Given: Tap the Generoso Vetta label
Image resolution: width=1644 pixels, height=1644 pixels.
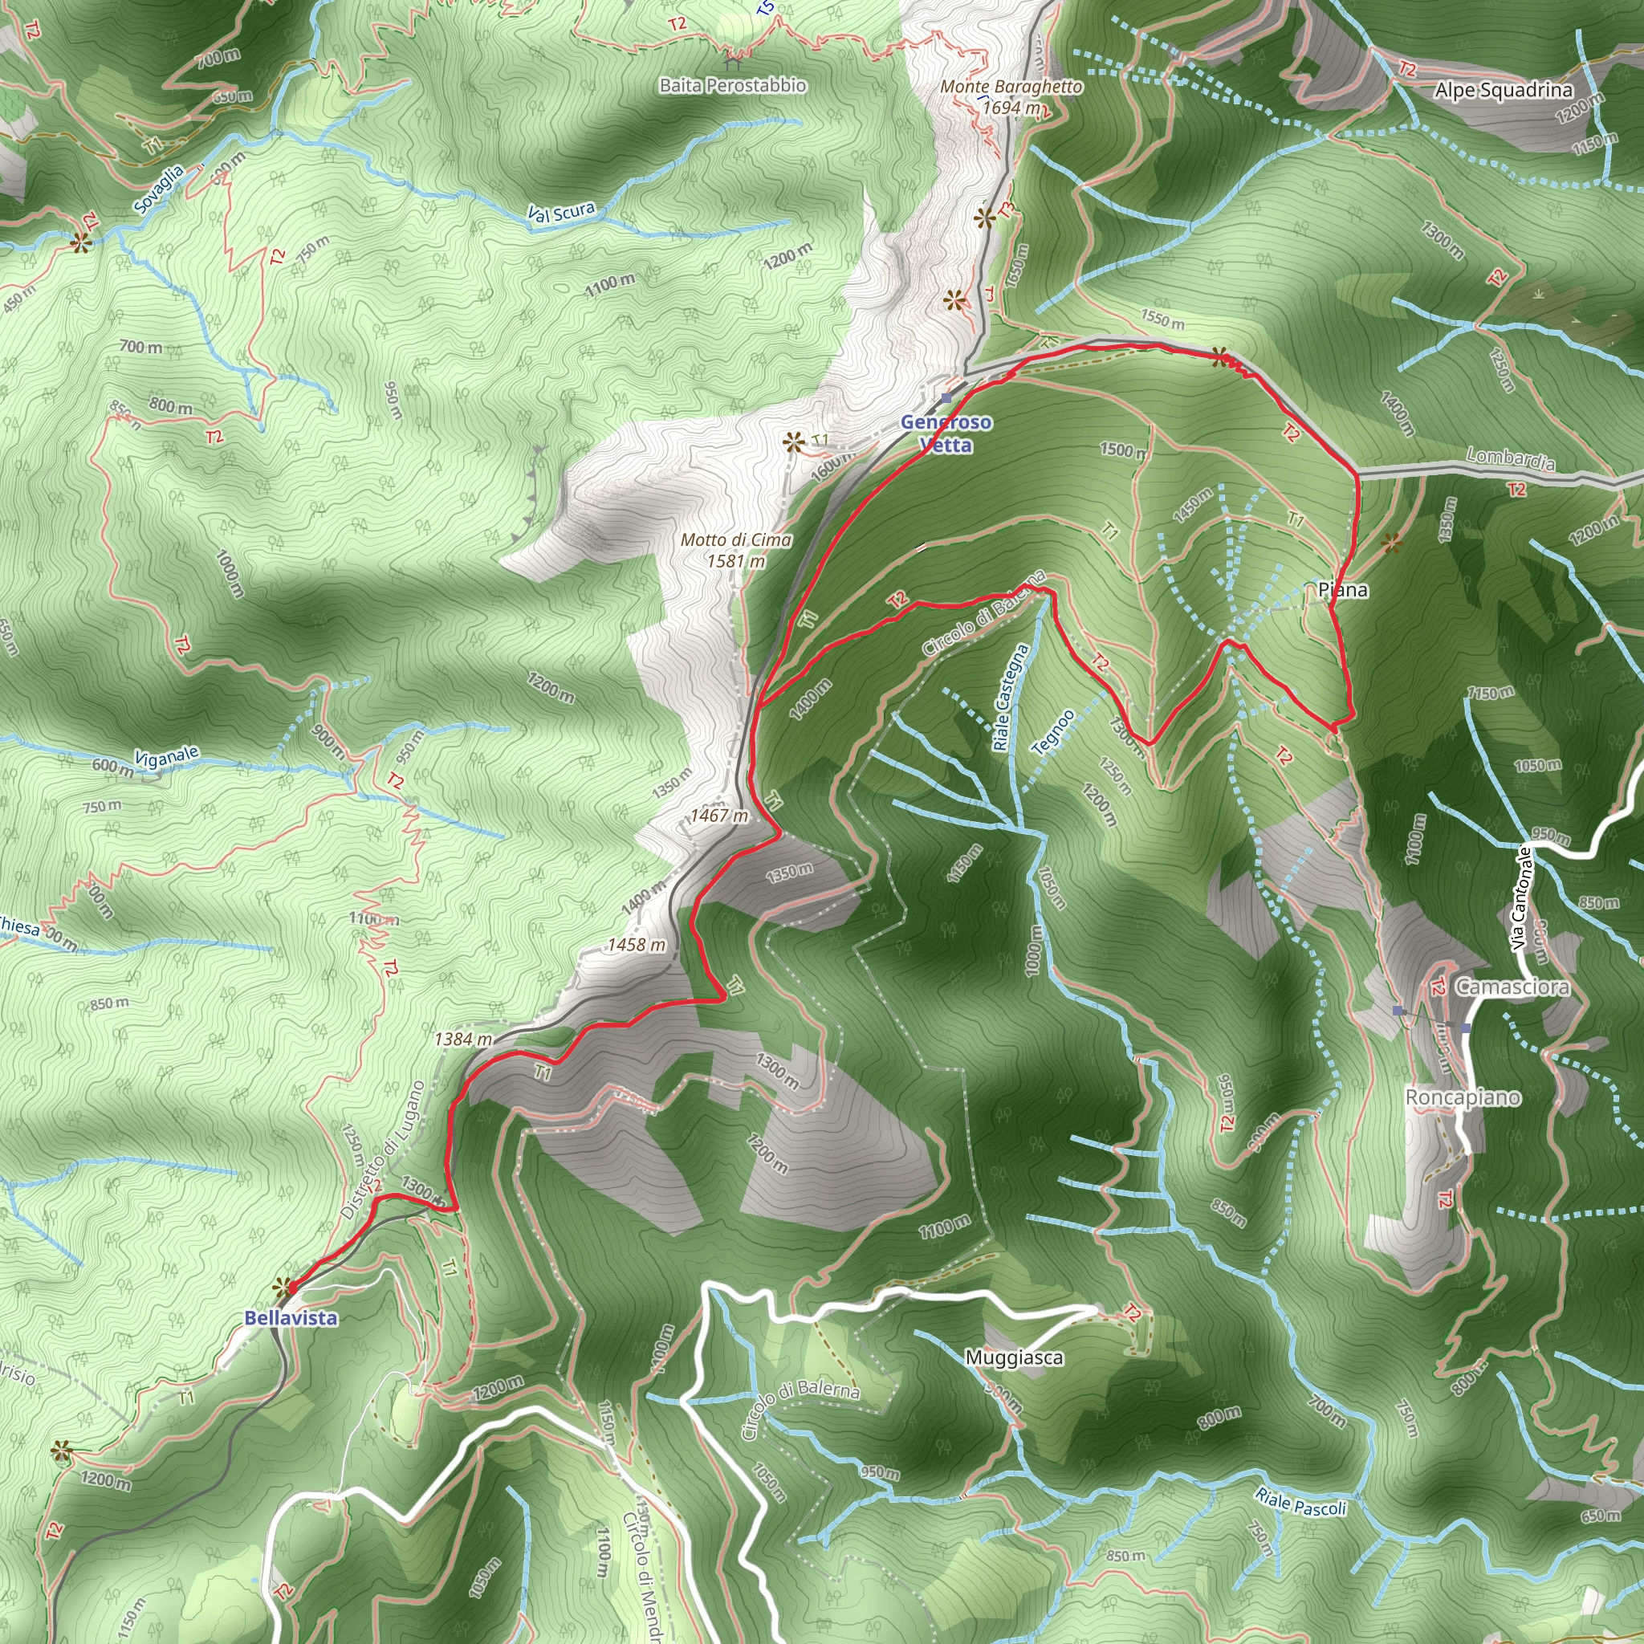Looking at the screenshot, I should click(x=946, y=433).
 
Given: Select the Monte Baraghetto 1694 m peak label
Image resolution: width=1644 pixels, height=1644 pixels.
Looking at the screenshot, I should click(x=1011, y=97).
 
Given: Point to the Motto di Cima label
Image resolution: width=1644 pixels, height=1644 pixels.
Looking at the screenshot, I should click(x=736, y=550).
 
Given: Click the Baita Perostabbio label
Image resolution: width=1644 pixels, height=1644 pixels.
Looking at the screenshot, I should click(x=733, y=85).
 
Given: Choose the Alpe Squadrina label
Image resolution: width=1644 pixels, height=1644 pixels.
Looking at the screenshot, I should click(x=1503, y=90).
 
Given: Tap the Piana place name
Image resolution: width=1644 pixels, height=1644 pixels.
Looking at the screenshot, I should click(x=1343, y=590).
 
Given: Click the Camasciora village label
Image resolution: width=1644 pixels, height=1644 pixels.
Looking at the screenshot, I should click(x=1512, y=987).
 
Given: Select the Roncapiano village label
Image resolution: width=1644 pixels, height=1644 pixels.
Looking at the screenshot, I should click(x=1462, y=1097).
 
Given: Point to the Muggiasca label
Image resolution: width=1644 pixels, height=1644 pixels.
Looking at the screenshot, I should click(x=1014, y=1357).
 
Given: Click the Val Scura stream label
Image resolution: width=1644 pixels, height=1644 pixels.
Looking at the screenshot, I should click(x=561, y=213).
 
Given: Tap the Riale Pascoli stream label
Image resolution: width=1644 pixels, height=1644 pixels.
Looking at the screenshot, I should click(x=1300, y=1502).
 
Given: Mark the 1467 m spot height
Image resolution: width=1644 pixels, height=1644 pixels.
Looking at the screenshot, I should click(x=719, y=816).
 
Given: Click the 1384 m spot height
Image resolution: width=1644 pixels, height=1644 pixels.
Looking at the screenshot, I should click(x=463, y=1038).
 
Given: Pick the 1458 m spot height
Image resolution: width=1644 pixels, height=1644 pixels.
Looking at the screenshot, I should click(x=636, y=945).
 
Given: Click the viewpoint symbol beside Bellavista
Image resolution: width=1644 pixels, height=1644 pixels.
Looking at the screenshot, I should click(x=281, y=1288).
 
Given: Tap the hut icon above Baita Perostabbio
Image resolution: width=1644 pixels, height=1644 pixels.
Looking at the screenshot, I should click(x=733, y=60).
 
